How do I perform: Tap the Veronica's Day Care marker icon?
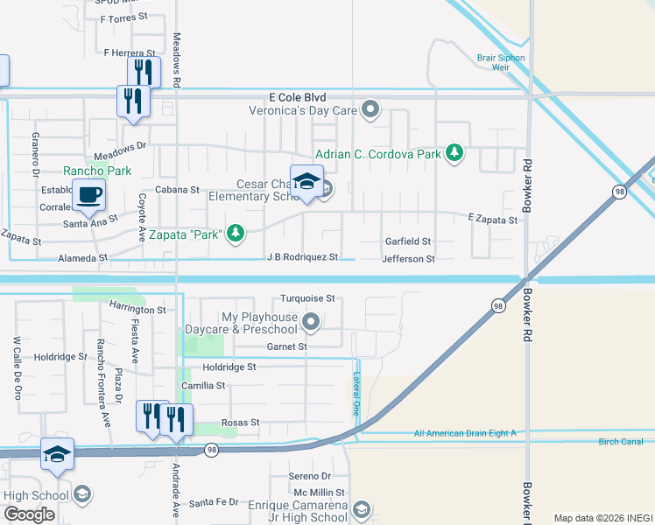tap(371, 110)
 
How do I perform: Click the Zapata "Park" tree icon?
tap(235, 233)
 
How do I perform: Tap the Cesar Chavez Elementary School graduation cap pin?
tap(306, 182)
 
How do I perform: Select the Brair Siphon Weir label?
tap(501, 62)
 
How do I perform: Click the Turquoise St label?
tap(307, 298)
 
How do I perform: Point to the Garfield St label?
tap(408, 241)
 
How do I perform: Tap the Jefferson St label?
tap(408, 259)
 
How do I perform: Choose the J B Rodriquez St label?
tap(302, 257)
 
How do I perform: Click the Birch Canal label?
tap(621, 442)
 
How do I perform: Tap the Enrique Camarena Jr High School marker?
tap(363, 509)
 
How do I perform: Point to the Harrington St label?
tap(137, 310)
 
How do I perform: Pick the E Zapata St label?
tap(493, 220)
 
